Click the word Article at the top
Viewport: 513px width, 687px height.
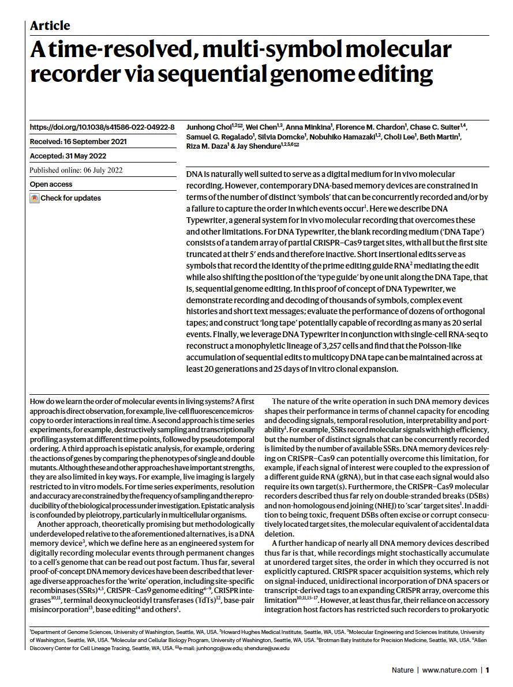[x=50, y=26]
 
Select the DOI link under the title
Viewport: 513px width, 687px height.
[x=102, y=127]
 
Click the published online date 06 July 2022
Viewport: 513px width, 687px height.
[x=76, y=170]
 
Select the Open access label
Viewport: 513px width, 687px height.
[x=51, y=184]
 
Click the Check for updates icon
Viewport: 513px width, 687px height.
[x=35, y=198]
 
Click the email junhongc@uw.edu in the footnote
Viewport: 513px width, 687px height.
[x=217, y=648]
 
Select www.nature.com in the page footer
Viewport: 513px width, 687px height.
[x=450, y=670]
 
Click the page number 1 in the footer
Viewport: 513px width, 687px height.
[x=488, y=670]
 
